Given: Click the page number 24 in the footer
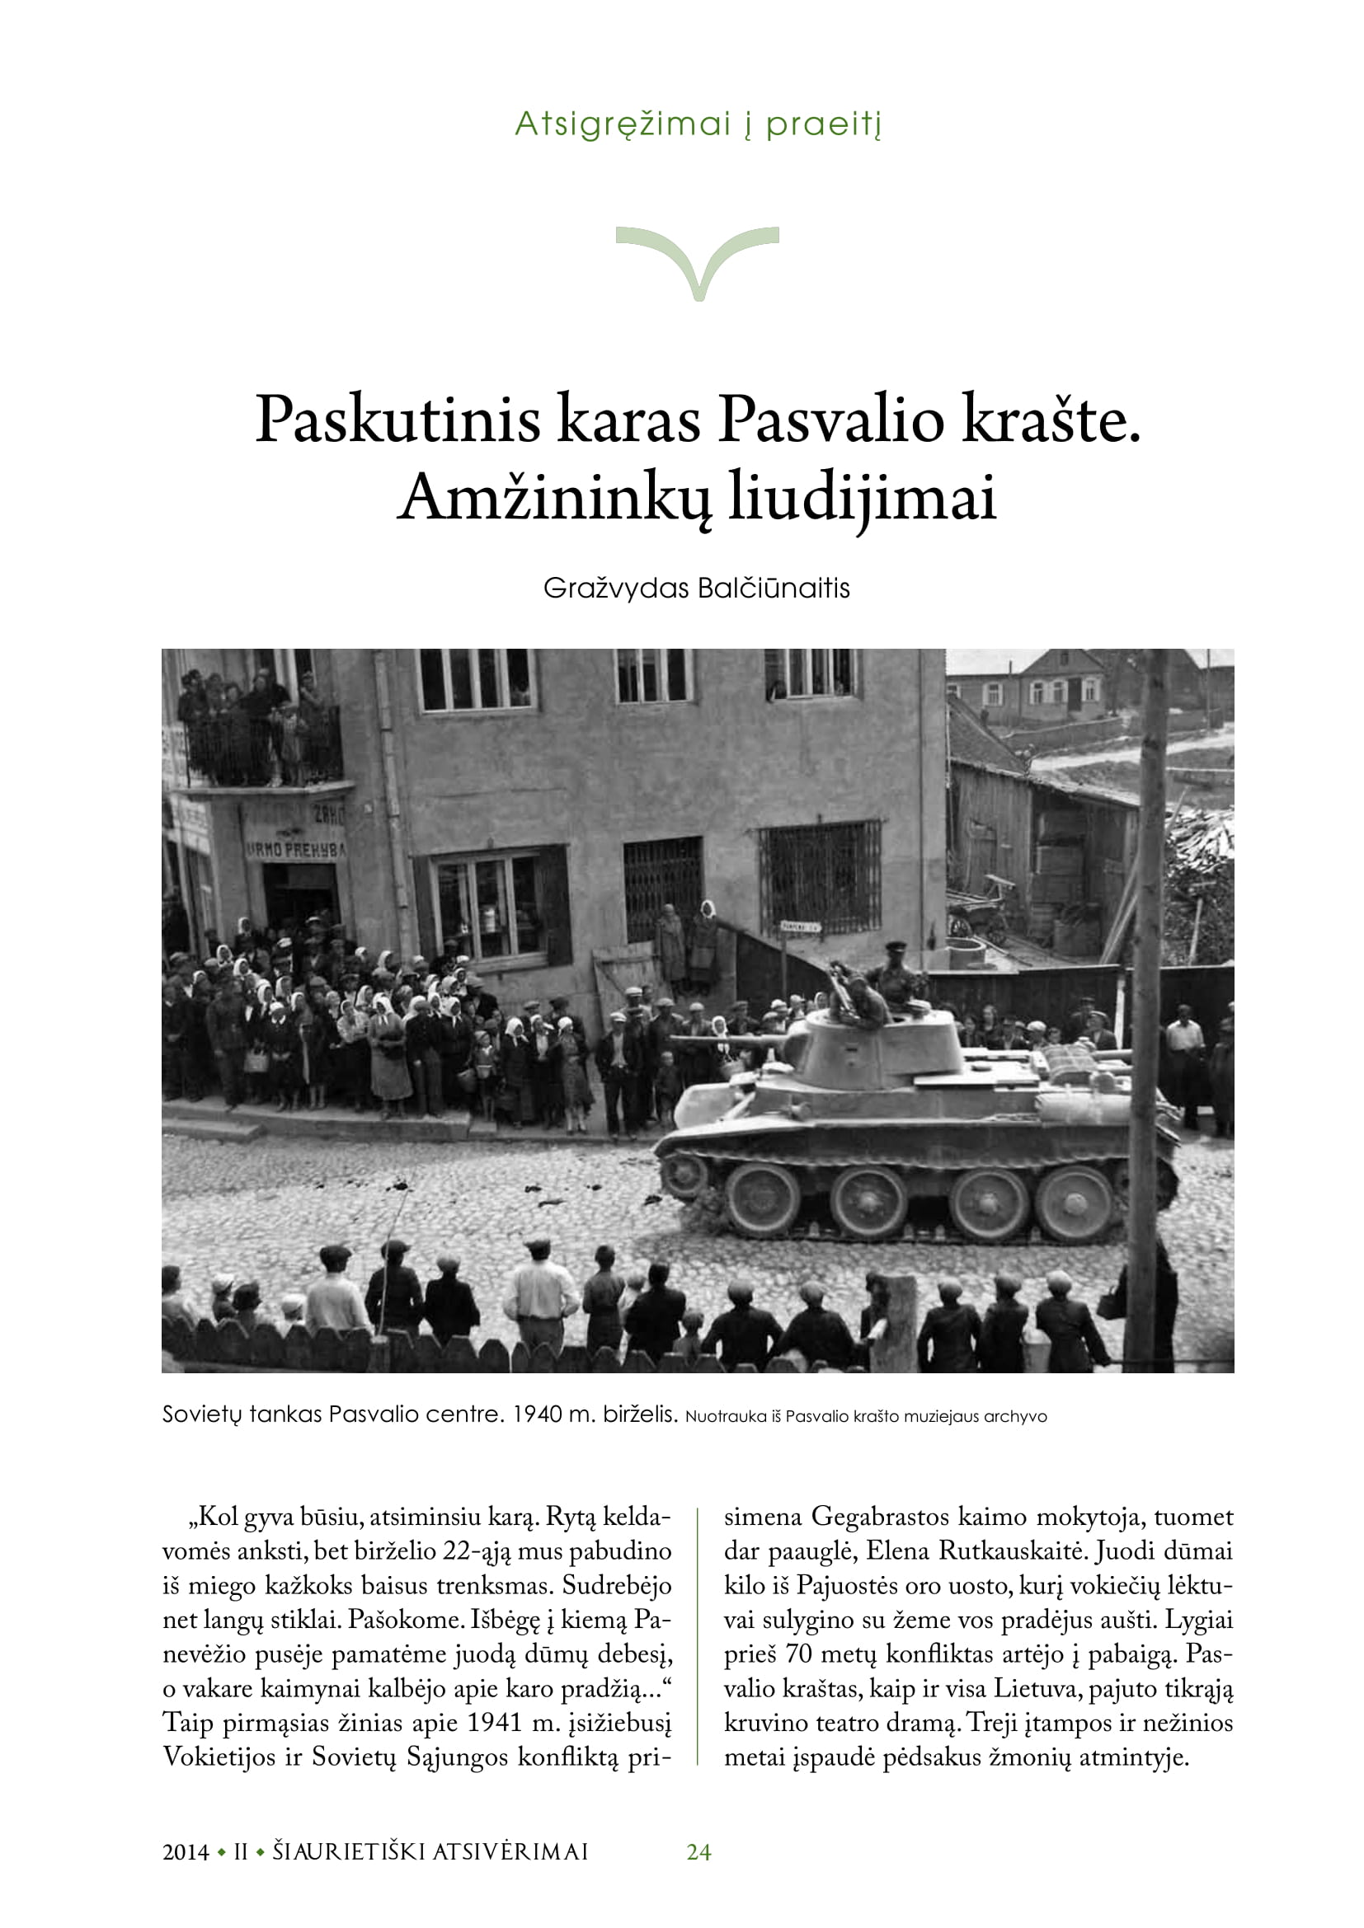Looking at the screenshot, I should pyautogui.click(x=698, y=1851).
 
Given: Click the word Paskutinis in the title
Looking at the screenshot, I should pyautogui.click(x=397, y=419).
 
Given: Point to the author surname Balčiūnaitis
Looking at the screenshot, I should pyautogui.click(x=774, y=589).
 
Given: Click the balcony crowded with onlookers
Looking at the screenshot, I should pyautogui.click(x=261, y=739).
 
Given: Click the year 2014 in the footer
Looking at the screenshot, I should pyautogui.click(x=186, y=1852).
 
